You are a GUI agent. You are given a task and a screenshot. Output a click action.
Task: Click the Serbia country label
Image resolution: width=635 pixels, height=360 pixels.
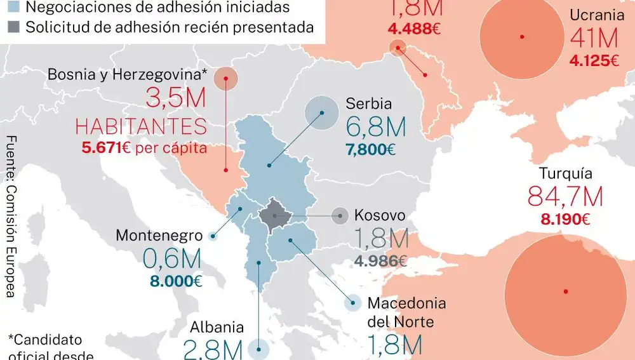coord(368,103)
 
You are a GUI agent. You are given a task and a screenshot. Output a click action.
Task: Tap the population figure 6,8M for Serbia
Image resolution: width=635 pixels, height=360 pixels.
coord(376,128)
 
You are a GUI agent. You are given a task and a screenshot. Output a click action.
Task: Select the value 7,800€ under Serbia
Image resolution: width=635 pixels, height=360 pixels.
coord(370,150)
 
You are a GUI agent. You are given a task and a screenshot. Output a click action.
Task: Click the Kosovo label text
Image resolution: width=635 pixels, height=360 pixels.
coord(379,215)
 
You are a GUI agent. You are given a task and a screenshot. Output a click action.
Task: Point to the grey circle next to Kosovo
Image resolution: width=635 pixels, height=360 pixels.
coord(340,216)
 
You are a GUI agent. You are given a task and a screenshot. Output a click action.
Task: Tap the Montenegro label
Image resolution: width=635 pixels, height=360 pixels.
coord(159,236)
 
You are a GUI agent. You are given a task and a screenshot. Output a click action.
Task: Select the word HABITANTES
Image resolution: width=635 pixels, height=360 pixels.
coord(141,126)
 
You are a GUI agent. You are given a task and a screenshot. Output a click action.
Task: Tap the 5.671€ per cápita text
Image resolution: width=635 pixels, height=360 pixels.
coord(144,149)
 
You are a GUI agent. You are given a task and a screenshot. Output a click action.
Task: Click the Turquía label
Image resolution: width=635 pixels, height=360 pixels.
coord(565,173)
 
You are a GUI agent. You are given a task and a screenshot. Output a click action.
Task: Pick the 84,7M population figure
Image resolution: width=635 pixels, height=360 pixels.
coord(565,197)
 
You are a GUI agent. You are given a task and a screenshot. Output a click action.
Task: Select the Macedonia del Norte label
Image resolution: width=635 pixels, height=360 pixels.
coord(406,312)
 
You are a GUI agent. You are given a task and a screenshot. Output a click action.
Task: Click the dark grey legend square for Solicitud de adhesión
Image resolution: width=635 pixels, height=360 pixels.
coord(15,27)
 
